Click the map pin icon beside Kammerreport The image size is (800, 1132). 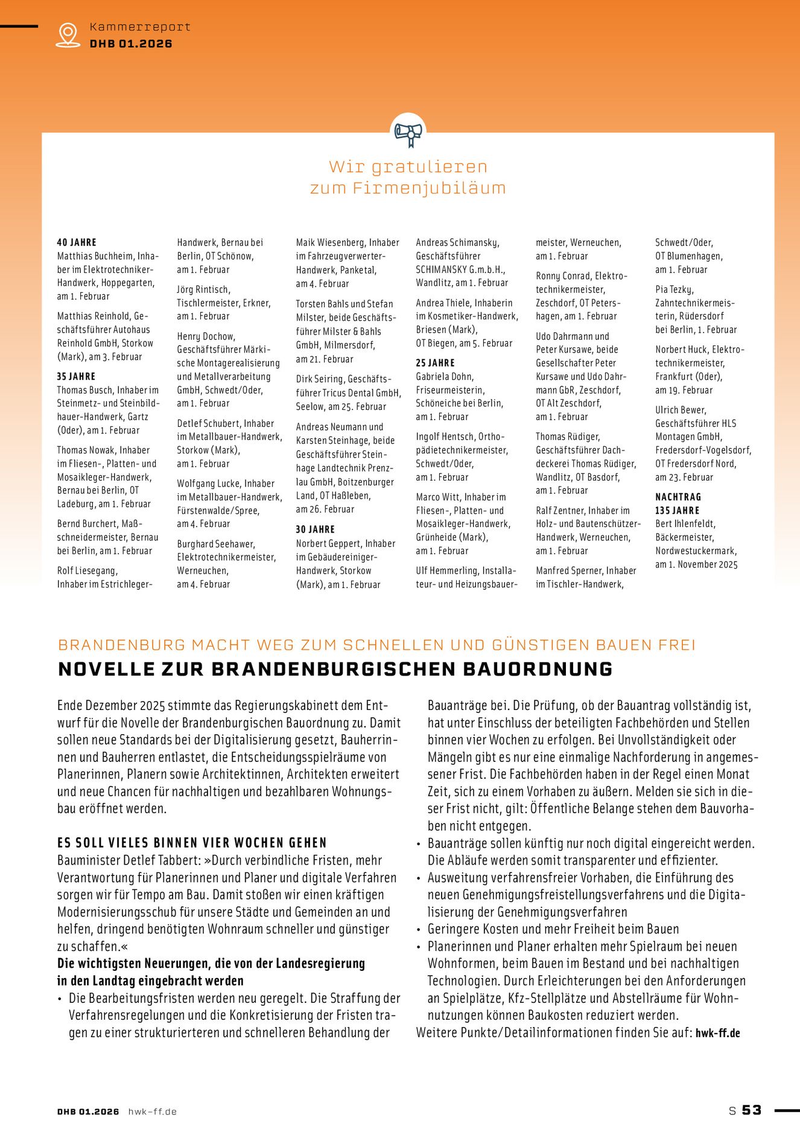[68, 34]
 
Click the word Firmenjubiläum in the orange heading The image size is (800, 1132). [429, 188]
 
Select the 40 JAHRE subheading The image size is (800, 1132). [77, 242]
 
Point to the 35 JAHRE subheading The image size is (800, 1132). [77, 376]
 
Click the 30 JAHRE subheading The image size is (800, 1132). [315, 529]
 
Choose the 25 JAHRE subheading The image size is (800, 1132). [435, 363]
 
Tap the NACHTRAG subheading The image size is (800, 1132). [678, 497]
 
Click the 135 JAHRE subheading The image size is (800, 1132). [677, 510]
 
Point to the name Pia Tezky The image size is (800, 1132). [674, 290]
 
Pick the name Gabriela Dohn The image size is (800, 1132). [444, 377]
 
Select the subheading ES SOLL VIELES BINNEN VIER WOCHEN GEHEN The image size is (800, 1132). [192, 843]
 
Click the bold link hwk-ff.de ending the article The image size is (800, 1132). [717, 1033]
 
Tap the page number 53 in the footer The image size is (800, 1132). [752, 1110]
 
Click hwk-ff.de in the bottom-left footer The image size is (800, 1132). [152, 1111]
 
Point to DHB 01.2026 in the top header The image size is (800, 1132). [131, 43]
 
